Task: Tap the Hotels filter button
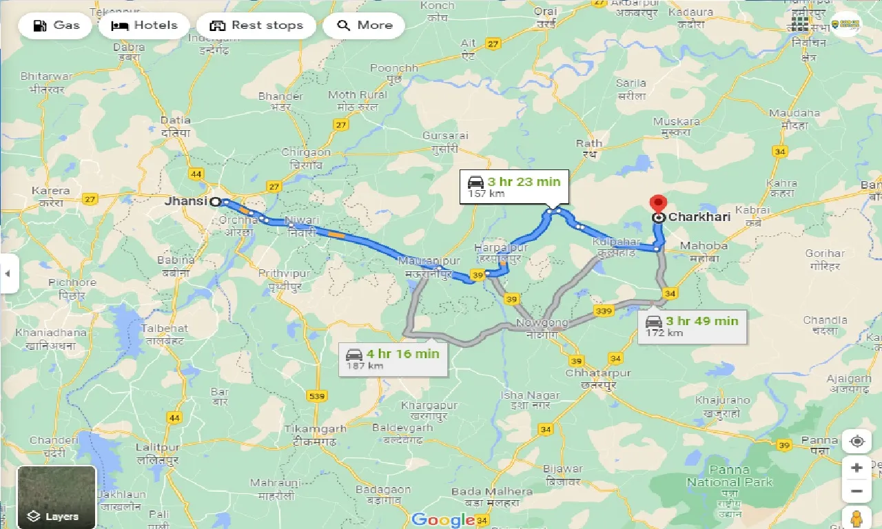[144, 25]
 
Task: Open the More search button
[366, 25]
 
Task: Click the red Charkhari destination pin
[658, 204]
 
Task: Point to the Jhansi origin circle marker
[215, 202]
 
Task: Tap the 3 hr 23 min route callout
[514, 187]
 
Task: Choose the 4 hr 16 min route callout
[393, 359]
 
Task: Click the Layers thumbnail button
[57, 496]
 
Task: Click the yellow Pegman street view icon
[857, 517]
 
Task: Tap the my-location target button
[857, 441]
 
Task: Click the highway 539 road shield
[317, 396]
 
